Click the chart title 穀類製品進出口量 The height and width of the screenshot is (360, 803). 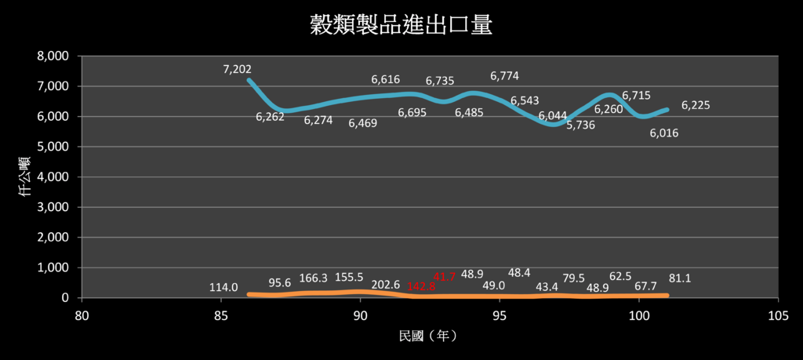coord(401,25)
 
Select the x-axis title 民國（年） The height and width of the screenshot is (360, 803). coord(427,336)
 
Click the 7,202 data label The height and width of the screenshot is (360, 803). coord(237,70)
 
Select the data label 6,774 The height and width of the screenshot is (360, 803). coord(504,76)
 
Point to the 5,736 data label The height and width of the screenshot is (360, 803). coord(581,125)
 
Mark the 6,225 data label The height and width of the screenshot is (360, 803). coord(696,105)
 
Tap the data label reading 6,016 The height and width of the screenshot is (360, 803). coord(663,133)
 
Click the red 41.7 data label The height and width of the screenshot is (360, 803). coord(445,276)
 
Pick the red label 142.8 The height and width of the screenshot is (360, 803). coord(421,286)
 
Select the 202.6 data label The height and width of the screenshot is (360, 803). coord(385,285)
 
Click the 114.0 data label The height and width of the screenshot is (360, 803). coord(223,287)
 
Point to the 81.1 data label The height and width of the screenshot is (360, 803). coord(680,278)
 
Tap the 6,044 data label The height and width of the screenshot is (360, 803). coord(553,116)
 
